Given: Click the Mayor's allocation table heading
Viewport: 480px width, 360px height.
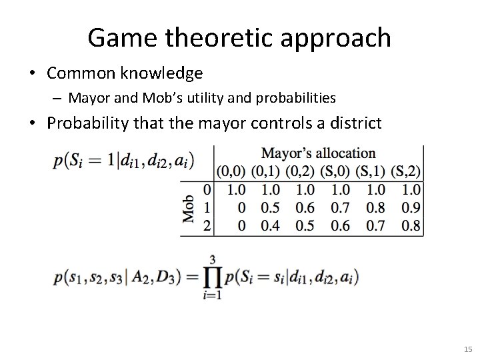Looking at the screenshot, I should [318, 153].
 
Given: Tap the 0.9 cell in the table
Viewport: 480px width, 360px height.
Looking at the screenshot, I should [411, 208].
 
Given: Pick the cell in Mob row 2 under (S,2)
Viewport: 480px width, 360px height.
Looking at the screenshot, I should [411, 225].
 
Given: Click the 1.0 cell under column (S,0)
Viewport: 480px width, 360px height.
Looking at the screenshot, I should [341, 190].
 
